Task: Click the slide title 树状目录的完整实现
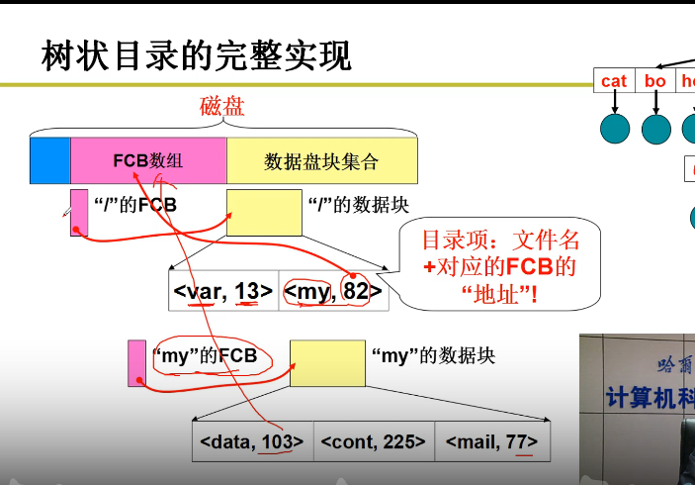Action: [197, 56]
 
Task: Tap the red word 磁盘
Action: [221, 106]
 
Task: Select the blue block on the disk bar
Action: [49, 160]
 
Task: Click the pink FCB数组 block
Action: [148, 160]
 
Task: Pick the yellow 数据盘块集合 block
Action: [321, 160]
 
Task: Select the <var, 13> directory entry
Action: [222, 291]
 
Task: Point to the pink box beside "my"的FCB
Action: [136, 362]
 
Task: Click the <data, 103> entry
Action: [252, 441]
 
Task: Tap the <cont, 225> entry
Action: [373, 441]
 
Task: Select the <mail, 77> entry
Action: [492, 441]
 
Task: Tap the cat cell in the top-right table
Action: [614, 81]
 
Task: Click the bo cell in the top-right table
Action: [655, 81]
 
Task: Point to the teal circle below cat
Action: [615, 129]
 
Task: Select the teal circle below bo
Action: [656, 129]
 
